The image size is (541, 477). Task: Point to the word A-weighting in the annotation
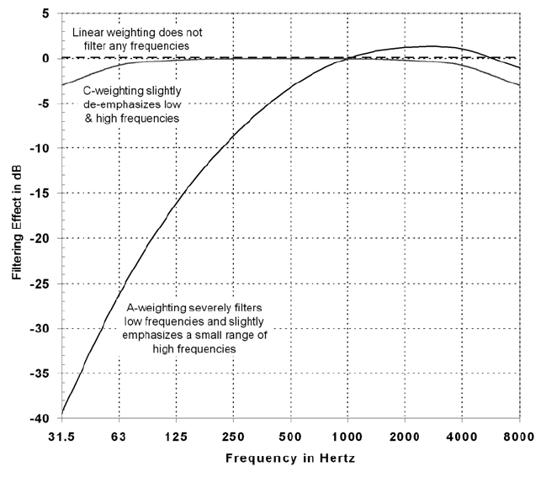pyautogui.click(x=229, y=308)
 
